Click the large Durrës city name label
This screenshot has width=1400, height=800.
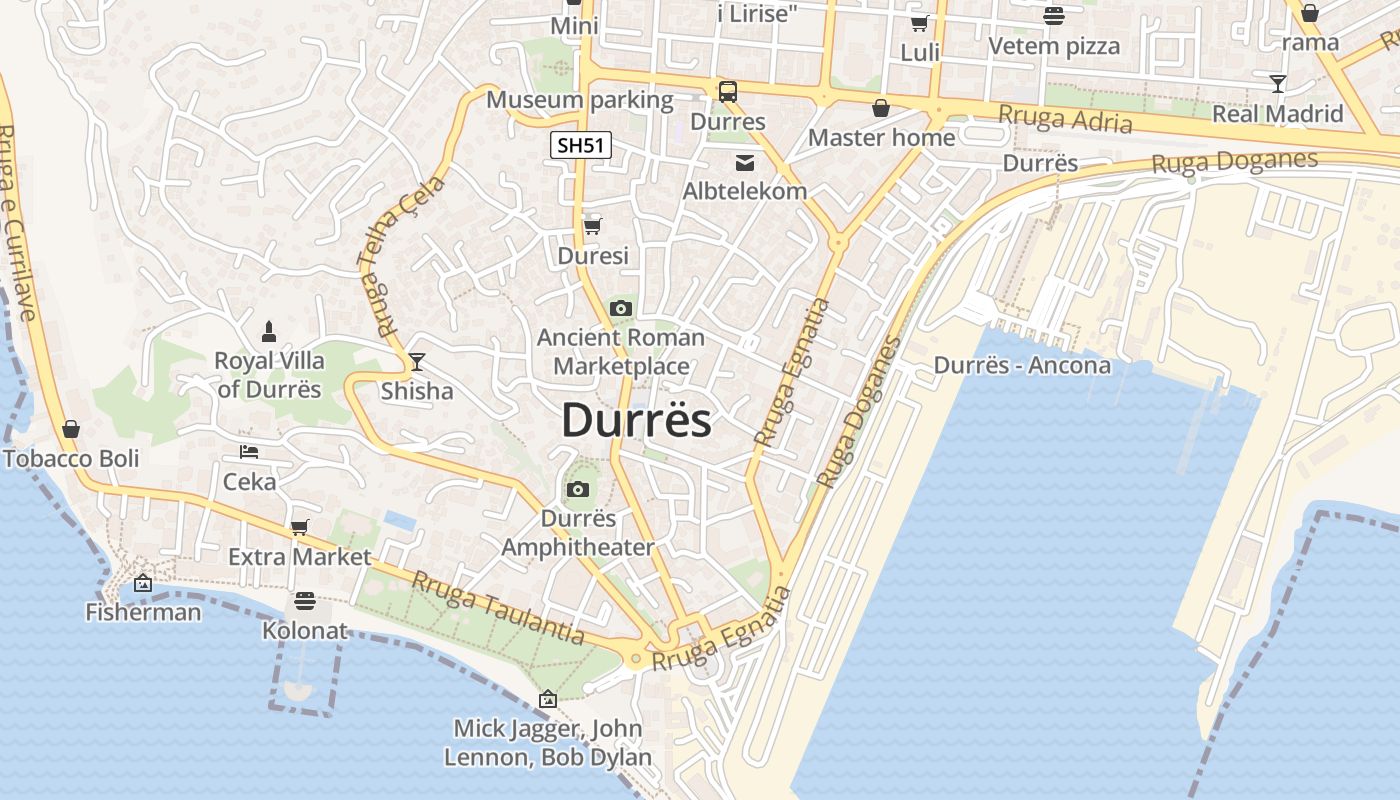click(636, 420)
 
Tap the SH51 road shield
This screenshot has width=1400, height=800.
click(580, 145)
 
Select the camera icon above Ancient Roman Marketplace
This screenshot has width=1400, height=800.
click(621, 308)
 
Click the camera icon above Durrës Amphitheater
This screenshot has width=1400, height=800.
click(577, 489)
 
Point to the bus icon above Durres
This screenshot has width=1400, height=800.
click(728, 92)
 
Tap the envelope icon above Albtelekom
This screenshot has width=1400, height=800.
click(745, 162)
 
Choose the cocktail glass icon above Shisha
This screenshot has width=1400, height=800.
click(417, 361)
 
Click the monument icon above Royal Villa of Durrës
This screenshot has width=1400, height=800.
click(268, 331)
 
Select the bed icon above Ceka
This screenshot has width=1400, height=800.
click(249, 452)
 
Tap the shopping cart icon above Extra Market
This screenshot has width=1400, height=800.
click(299, 527)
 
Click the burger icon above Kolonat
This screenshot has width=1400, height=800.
click(305, 600)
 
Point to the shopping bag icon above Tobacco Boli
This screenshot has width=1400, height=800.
click(71, 429)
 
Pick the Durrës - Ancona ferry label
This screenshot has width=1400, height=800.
click(1022, 365)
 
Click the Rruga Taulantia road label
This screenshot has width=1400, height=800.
click(498, 607)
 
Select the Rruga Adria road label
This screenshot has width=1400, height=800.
click(1065, 119)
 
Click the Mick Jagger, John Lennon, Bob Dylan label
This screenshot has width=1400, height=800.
click(548, 742)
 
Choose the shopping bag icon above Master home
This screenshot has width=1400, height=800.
click(881, 108)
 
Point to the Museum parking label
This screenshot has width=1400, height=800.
click(580, 100)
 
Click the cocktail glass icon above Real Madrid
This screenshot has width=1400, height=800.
click(1277, 83)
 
